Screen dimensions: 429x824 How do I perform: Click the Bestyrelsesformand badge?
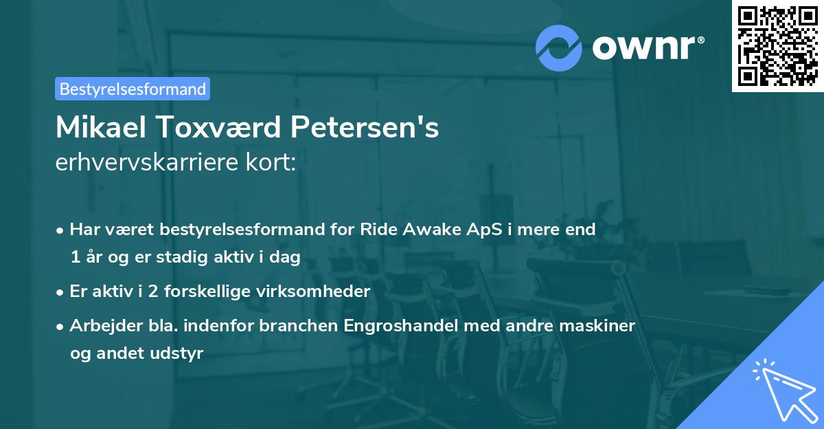pyautogui.click(x=133, y=89)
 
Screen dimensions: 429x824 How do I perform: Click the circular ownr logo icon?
pyautogui.click(x=559, y=48)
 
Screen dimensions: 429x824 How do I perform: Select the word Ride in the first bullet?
pyautogui.click(x=375, y=230)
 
